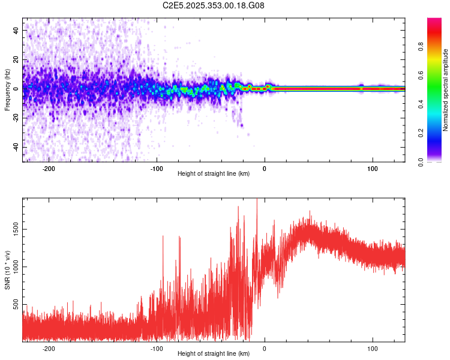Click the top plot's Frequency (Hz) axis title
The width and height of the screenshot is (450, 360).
[x=7, y=90]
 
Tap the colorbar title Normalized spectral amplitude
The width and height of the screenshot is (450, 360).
[x=446, y=90]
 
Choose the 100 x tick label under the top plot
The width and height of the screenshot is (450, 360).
[x=373, y=168]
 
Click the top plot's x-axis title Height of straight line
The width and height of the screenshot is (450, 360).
[x=214, y=174]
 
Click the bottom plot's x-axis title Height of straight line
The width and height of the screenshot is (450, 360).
[x=214, y=354]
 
